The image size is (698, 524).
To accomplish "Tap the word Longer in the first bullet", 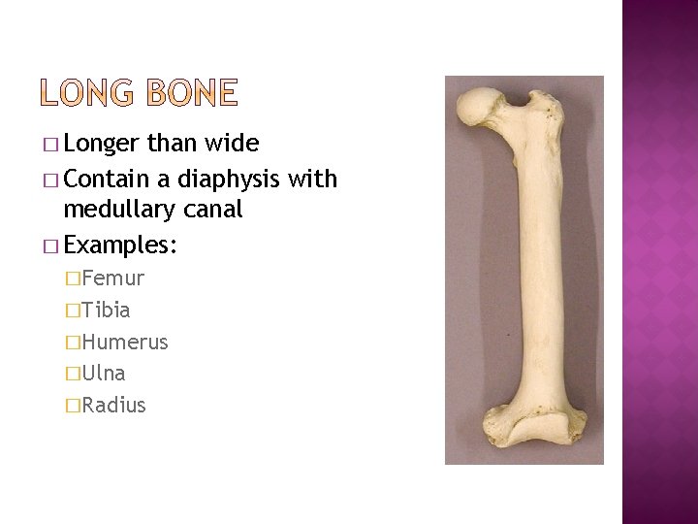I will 105,146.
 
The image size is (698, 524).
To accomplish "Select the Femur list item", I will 113,279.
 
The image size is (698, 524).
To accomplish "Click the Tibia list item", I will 107,311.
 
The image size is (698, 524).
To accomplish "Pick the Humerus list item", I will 125,343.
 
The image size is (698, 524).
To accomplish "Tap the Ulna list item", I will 104,374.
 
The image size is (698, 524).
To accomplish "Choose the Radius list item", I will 114,405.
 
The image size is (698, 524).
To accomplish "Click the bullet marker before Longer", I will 51,146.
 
